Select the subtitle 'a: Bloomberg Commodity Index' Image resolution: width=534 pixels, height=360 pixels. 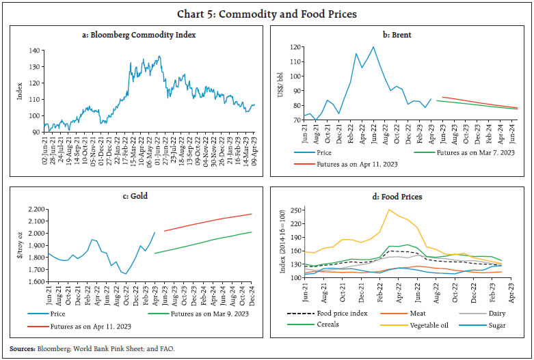point(134,34)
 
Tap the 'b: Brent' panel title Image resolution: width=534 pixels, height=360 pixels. point(401,34)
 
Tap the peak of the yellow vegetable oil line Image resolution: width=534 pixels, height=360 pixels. point(389,210)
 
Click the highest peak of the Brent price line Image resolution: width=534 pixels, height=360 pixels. point(373,47)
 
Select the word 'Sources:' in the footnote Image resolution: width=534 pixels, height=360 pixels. point(21,348)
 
